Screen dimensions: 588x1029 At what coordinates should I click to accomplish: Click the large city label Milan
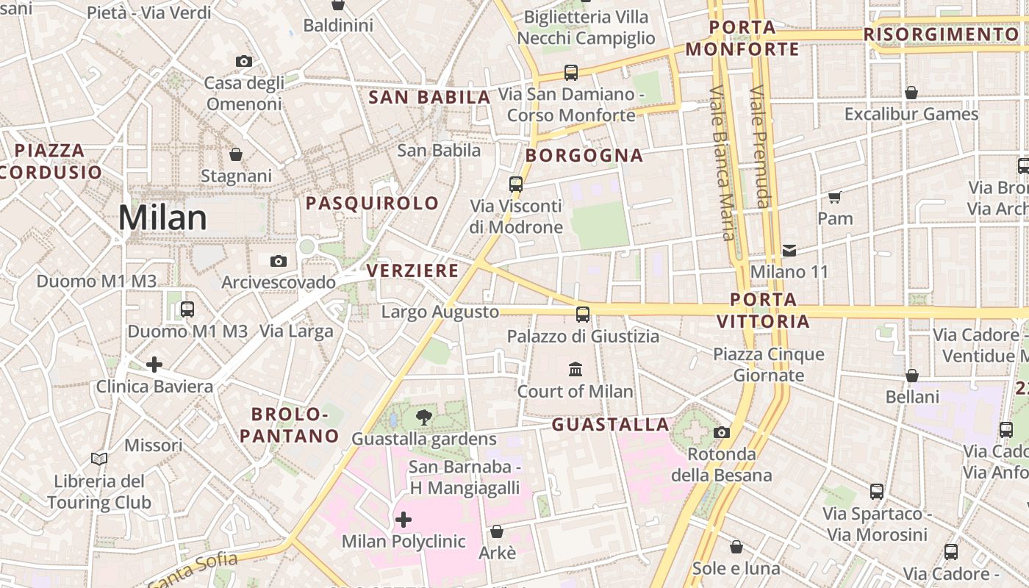point(162,218)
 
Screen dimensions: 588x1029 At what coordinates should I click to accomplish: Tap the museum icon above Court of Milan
point(576,369)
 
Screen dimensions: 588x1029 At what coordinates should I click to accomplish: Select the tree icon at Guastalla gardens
point(424,417)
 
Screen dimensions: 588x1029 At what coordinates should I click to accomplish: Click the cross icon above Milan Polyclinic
point(404,520)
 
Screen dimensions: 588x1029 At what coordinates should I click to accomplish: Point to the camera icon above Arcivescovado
point(279,261)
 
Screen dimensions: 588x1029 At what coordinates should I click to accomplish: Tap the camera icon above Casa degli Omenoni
point(244,61)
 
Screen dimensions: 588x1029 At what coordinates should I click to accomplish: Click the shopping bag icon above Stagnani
point(236,154)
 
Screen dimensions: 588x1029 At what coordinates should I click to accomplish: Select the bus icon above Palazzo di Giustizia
point(583,315)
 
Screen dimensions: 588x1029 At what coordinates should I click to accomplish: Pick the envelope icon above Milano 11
point(789,250)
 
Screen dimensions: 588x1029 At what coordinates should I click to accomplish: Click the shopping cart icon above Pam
point(835,197)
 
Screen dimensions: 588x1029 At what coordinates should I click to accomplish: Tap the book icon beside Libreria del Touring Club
point(99,459)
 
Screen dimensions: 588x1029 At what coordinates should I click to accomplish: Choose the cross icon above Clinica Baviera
point(154,364)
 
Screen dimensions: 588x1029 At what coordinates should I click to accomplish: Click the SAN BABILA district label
point(429,97)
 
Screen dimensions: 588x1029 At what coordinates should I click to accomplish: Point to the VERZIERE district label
point(412,270)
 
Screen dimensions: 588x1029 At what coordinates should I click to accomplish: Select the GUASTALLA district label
point(611,424)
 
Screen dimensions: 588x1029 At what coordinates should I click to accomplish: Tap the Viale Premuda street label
point(759,147)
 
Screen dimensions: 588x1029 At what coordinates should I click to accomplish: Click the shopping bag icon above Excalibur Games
point(911,93)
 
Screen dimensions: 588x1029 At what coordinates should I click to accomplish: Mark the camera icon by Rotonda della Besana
point(722,432)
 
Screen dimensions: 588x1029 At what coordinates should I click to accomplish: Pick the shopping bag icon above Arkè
point(497,531)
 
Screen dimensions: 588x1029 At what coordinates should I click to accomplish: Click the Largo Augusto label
point(440,312)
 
